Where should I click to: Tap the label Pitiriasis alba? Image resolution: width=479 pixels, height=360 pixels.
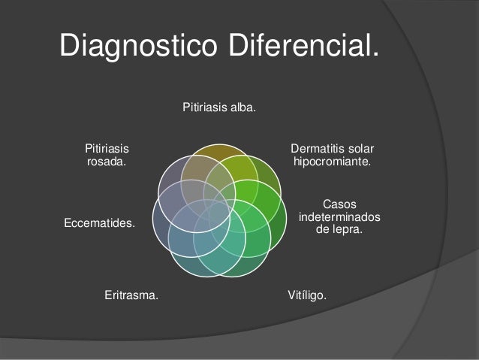click(x=218, y=109)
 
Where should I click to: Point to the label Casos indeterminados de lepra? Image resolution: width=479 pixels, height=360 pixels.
click(x=339, y=216)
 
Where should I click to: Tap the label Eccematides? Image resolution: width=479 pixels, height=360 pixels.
click(x=100, y=223)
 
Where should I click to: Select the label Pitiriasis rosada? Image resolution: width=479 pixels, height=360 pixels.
click(x=107, y=155)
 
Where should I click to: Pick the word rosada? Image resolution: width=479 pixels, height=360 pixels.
click(x=107, y=162)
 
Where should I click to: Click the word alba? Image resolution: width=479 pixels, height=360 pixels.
click(x=240, y=109)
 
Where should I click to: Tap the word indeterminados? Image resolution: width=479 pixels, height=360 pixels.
click(x=339, y=216)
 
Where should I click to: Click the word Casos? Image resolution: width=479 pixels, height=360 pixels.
click(x=339, y=204)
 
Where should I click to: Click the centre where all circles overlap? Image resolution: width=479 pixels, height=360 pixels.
click(x=218, y=207)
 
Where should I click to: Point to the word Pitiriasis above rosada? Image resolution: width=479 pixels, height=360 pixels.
click(x=107, y=148)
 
